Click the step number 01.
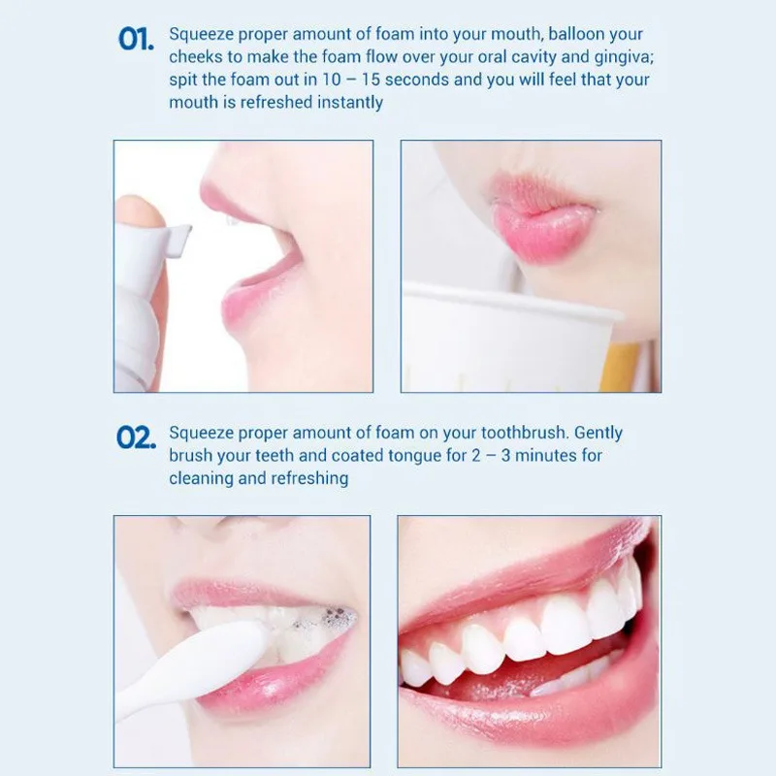[x=136, y=39]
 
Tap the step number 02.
[x=136, y=438]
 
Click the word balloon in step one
[x=576, y=34]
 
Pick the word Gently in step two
[x=598, y=434]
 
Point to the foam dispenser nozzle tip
[x=183, y=241]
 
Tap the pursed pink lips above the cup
[x=543, y=219]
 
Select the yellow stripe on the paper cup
[x=620, y=367]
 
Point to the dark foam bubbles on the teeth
[x=333, y=617]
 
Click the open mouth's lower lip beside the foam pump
[x=258, y=299]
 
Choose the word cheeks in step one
[x=196, y=57]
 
